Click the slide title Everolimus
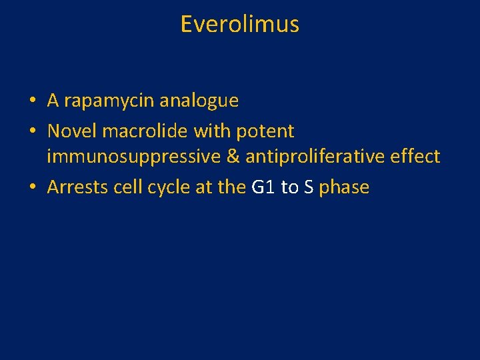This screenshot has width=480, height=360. coord(239,25)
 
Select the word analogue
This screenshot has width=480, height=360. coord(199,101)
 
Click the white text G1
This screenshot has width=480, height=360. coord(263,187)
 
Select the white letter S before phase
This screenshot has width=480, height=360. coord(309,187)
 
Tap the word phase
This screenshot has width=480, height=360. coord(344,187)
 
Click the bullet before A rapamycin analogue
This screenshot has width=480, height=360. coord(32,101)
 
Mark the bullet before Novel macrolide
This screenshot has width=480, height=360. coord(32,131)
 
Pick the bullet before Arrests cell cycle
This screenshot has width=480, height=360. coord(32,188)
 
